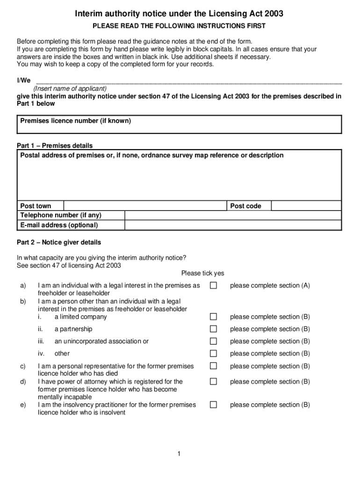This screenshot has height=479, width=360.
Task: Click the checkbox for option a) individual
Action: tap(213, 285)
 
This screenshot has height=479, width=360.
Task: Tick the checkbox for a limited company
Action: tap(213, 317)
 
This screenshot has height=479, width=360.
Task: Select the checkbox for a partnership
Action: tap(213, 329)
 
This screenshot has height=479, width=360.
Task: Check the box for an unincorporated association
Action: tap(213, 341)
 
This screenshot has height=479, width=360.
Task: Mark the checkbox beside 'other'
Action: tap(213, 354)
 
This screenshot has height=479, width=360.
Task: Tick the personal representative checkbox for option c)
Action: tap(213, 366)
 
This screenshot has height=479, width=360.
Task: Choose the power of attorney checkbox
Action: tap(213, 382)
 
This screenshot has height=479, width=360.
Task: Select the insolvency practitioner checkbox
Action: tap(213, 405)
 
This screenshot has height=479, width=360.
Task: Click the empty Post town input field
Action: tap(145, 206)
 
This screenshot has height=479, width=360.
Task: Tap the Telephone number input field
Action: tap(233, 215)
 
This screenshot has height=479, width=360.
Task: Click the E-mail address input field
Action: tap(233, 225)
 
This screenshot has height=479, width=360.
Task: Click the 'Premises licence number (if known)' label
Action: tap(76, 121)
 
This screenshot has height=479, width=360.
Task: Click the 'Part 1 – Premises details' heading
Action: tap(55, 145)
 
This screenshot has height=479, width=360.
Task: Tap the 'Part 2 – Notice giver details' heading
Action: tap(59, 242)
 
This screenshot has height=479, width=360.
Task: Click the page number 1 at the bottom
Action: tap(179, 453)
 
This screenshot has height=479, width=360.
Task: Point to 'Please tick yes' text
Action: tap(202, 273)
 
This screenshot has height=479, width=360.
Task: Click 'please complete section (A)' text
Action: tap(270, 285)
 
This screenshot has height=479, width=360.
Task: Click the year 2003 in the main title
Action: tap(273, 15)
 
